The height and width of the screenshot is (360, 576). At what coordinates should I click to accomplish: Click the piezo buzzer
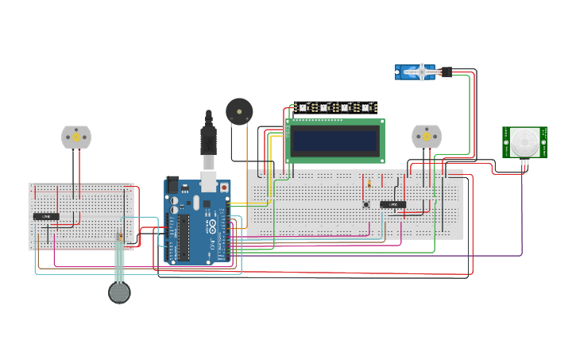237,111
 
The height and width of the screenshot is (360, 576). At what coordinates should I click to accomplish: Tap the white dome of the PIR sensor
524,142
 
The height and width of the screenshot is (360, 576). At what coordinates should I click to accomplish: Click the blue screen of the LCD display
334,141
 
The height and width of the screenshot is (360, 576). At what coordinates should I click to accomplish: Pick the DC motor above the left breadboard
76,137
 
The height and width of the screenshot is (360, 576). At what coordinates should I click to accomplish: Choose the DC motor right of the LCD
426,136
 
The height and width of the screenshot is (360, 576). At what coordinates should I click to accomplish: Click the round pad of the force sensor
119,292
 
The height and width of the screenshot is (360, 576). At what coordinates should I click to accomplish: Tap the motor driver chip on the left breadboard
46,216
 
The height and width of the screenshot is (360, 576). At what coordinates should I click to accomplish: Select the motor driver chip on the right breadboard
392,204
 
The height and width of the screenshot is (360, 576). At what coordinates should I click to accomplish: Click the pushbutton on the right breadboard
366,204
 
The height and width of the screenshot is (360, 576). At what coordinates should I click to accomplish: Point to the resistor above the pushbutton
369,184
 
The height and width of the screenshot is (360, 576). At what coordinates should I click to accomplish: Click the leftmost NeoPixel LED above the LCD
302,107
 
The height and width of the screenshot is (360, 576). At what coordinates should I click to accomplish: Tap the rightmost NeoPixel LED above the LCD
366,107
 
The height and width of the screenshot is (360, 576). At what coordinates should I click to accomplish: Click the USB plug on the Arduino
208,143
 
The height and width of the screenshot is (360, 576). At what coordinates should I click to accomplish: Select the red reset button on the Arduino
223,188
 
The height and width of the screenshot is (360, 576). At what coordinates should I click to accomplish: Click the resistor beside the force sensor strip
119,237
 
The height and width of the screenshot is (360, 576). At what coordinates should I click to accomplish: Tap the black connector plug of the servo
447,72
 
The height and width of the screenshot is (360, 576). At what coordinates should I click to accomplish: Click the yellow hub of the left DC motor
76,137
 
